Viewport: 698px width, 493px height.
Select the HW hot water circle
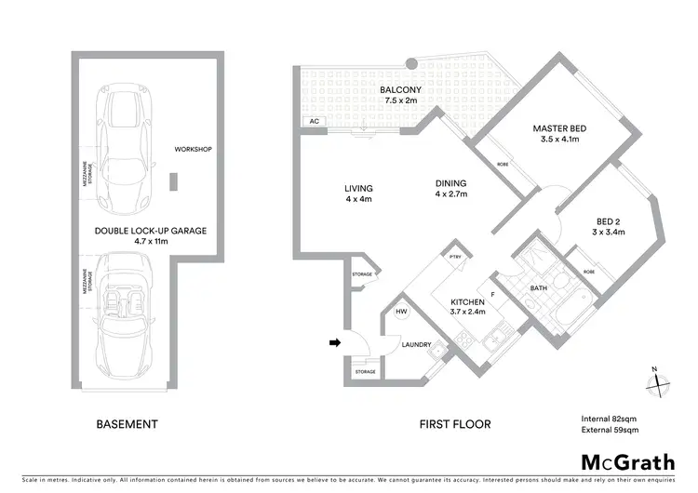401,313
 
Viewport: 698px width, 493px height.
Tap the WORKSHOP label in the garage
194,149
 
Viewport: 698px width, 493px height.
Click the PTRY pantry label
455,257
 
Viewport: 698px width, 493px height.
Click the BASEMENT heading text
127,424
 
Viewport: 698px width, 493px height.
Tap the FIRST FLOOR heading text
454,424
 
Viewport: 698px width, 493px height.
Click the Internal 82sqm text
604,418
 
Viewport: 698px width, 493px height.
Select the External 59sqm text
604,430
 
